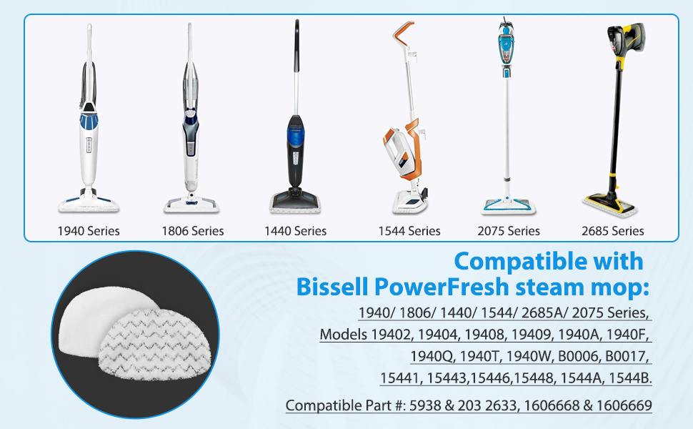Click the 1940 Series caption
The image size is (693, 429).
tap(89, 231)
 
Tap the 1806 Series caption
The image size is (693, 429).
tap(192, 231)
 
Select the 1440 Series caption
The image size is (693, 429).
tap(295, 231)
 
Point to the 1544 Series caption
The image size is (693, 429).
tap(409, 231)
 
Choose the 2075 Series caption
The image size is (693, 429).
tap(509, 231)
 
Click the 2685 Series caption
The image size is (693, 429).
tap(612, 231)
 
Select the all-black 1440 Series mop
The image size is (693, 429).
tap(295, 143)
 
